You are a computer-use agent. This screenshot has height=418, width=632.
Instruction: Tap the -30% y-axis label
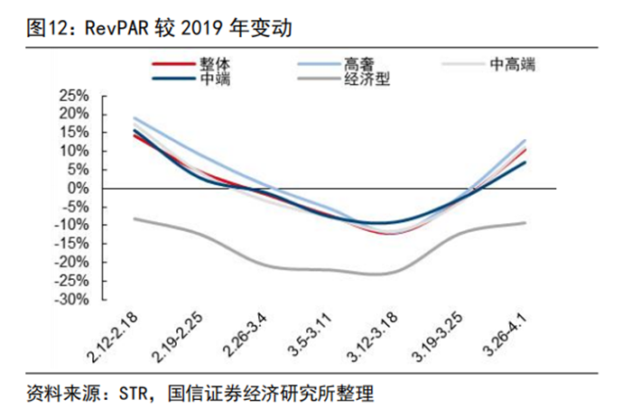click(72, 299)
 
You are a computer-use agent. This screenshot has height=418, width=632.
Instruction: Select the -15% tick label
click(72, 244)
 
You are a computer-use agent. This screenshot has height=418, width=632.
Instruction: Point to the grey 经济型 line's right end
click(525, 222)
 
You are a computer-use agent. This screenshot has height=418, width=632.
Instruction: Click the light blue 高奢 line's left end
click(134, 117)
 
